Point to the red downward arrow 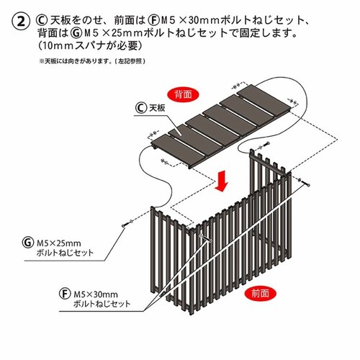223,181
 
